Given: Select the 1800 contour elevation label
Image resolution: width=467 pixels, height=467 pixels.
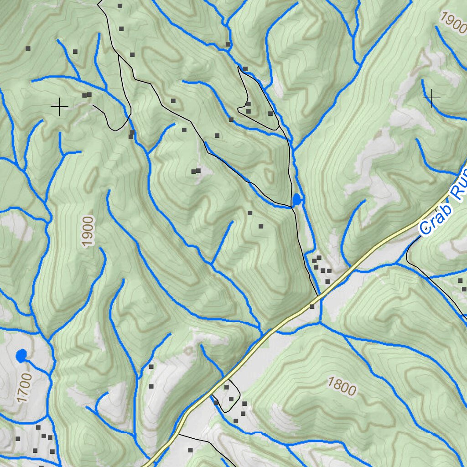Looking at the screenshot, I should [341, 386].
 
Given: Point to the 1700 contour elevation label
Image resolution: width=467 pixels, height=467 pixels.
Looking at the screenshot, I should [24, 387].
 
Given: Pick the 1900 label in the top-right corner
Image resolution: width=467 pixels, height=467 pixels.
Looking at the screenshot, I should [453, 22].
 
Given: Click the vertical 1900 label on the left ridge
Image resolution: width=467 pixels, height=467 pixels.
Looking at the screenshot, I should [88, 231].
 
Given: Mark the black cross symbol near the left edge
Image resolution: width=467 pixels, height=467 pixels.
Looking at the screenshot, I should [59, 106].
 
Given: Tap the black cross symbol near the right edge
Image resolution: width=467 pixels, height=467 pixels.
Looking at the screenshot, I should [431, 98].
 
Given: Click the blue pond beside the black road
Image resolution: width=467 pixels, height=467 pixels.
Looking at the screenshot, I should [297, 199].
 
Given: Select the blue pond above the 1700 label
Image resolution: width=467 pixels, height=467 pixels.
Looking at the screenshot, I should [21, 355].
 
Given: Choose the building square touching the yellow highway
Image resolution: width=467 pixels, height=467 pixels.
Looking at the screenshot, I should [312, 306].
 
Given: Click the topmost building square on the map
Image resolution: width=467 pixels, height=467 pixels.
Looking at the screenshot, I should [120, 6].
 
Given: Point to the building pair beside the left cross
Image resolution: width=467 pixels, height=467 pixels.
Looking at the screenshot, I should [87, 95].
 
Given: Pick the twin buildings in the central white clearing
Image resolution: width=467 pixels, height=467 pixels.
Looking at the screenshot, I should [196, 171].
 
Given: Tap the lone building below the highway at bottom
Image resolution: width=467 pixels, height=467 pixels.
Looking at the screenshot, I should [190, 450].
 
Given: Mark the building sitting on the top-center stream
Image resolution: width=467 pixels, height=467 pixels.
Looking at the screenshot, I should [228, 44].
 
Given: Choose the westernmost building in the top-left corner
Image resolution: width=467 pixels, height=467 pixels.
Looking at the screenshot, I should [28, 48].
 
